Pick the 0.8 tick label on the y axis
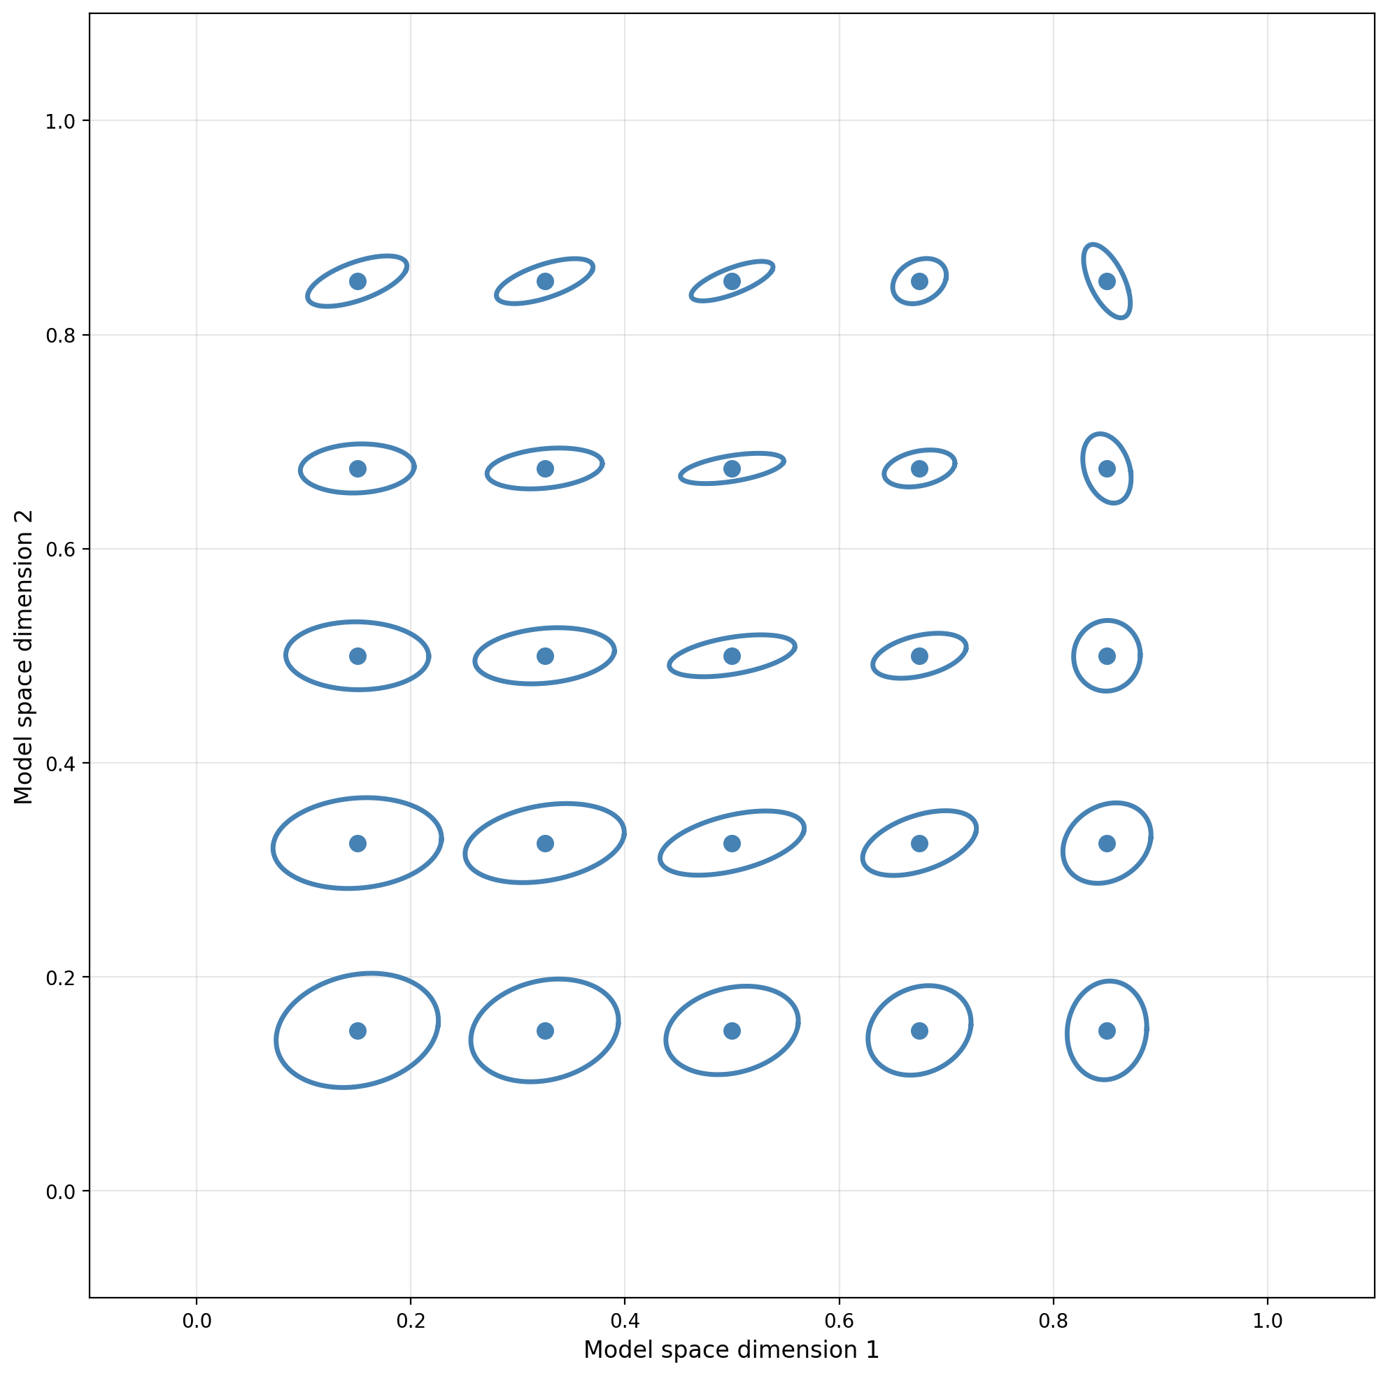[61, 336]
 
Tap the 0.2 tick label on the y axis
[61, 977]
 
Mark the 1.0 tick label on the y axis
[61, 122]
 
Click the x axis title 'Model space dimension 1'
[731, 1351]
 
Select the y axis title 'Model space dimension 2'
[24, 657]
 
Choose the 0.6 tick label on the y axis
[61, 550]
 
